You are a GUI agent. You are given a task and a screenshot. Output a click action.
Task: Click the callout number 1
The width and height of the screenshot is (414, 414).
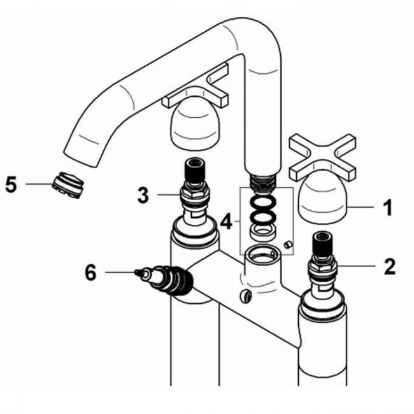tap(386, 207)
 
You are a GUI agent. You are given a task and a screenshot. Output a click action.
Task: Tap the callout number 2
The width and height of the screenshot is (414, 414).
tap(389, 265)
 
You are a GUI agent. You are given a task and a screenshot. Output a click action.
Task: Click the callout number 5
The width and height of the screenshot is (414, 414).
tap(11, 184)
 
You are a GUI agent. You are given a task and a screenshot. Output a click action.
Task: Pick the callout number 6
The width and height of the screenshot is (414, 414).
tap(91, 273)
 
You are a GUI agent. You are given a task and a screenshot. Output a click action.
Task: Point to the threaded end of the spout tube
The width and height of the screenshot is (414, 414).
tap(262, 180)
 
